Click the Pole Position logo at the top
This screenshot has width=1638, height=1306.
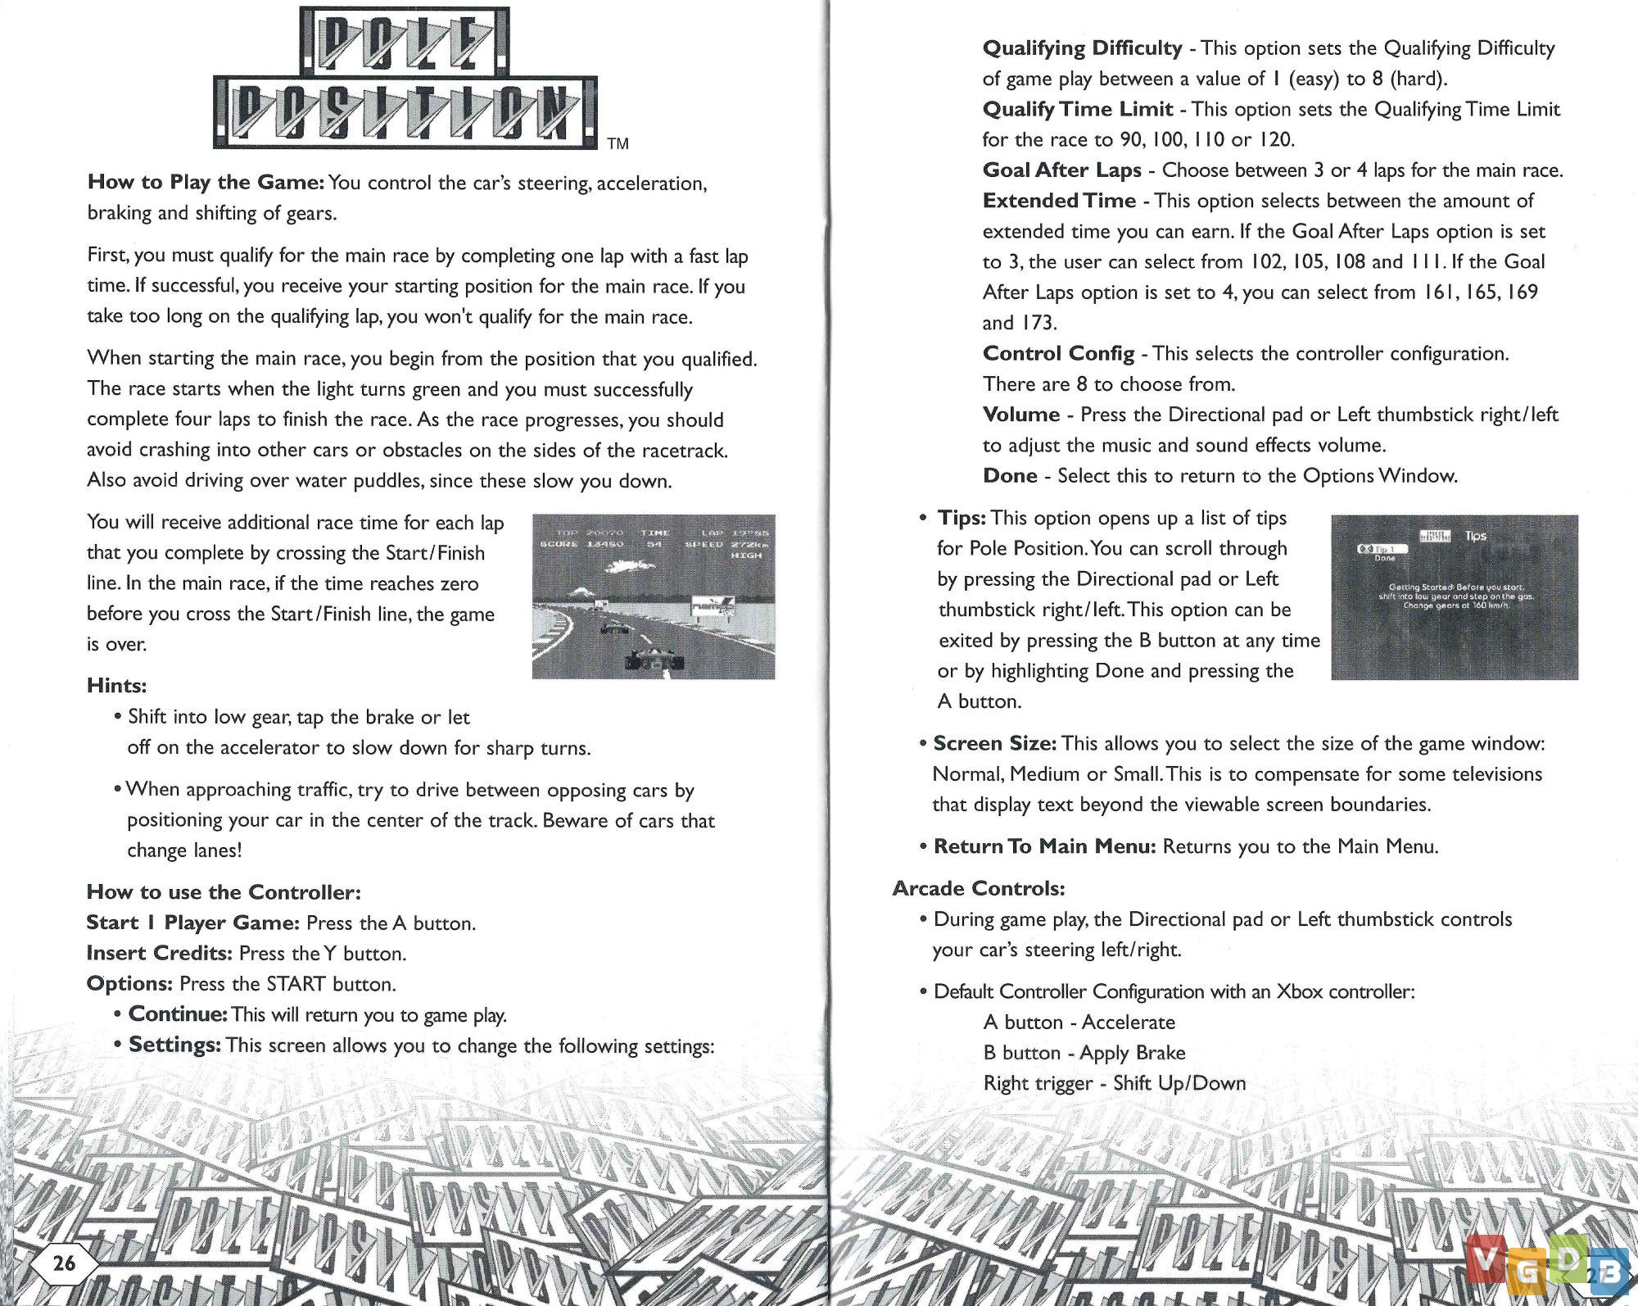coord(405,79)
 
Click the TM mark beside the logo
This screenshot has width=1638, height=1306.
coord(618,144)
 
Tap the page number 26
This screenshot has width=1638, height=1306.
coord(64,1262)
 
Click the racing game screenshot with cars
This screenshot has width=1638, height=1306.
coord(653,596)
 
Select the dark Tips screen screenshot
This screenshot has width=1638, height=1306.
coord(1454,596)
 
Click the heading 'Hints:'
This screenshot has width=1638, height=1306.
coord(116,686)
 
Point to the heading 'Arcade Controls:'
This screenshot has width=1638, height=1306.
coord(979,888)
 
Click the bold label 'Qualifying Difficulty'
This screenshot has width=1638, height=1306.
coord(1082,48)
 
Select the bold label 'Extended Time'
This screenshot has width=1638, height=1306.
coord(1059,201)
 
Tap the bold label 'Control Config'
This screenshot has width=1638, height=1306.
coord(1058,354)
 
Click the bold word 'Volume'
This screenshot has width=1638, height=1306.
coord(1021,415)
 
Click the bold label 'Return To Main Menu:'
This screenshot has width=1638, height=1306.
coord(1044,846)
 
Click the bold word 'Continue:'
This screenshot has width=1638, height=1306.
coord(178,1014)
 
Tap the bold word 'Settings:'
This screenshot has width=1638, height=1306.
coord(174,1045)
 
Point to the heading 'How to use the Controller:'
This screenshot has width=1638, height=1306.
coord(224,892)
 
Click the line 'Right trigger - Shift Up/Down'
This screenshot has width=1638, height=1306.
coord(1114,1083)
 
